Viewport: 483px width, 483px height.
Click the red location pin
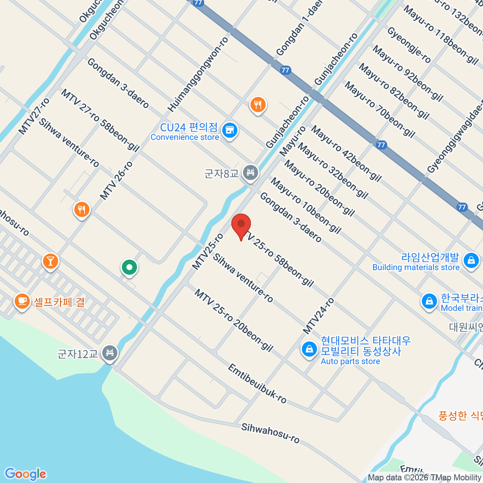241,225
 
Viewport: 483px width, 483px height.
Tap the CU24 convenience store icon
230,130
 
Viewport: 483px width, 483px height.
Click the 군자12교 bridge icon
109,353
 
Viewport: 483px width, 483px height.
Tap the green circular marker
130,267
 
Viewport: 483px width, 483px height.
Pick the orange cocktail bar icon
50,261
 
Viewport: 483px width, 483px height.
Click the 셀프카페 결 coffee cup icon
22,301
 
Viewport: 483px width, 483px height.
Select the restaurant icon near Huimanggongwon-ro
258,105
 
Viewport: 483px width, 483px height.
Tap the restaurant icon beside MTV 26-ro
82,209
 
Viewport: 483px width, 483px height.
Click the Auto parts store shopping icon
309,349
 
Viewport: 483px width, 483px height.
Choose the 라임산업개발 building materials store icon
471,260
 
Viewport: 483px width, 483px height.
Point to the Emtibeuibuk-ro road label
257,384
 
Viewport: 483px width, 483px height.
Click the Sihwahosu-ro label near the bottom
270,433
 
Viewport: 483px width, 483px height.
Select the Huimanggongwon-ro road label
198,74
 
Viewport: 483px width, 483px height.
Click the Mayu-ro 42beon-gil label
347,153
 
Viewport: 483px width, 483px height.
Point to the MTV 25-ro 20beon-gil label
234,320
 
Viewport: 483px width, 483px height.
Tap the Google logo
25,474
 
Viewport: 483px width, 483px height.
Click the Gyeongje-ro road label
409,45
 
